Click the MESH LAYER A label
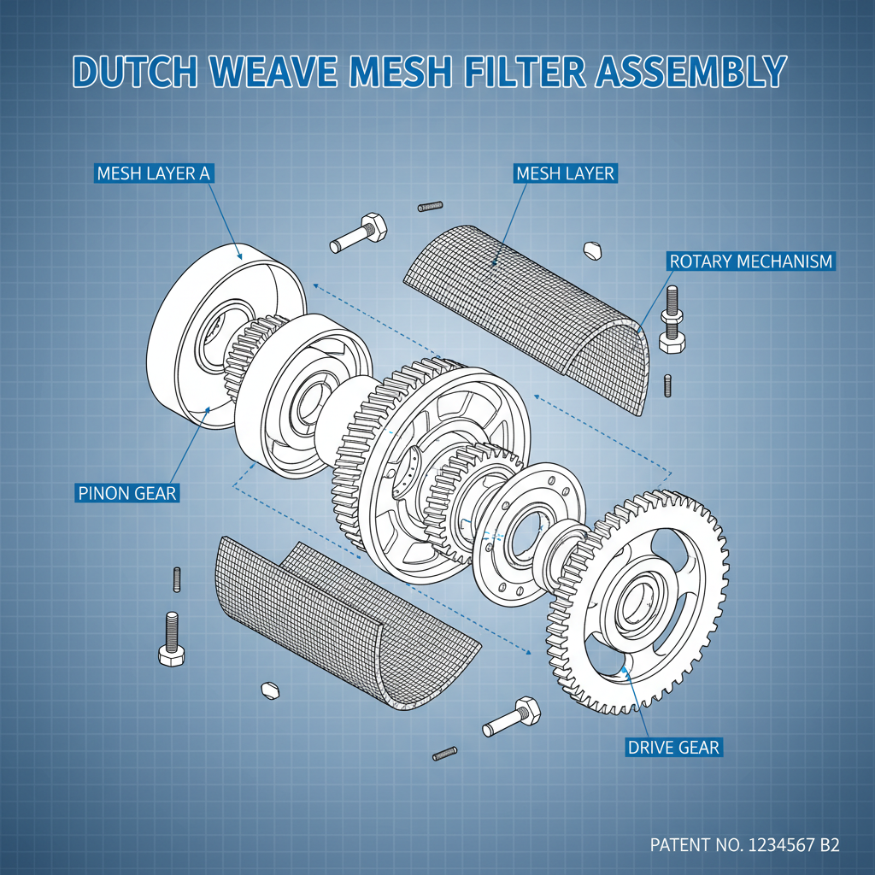(153, 173)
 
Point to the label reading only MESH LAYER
(565, 173)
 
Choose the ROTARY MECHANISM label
(750, 261)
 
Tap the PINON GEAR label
(126, 492)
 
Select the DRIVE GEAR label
(673, 748)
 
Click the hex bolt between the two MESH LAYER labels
(359, 232)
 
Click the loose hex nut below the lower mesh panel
(270, 689)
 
